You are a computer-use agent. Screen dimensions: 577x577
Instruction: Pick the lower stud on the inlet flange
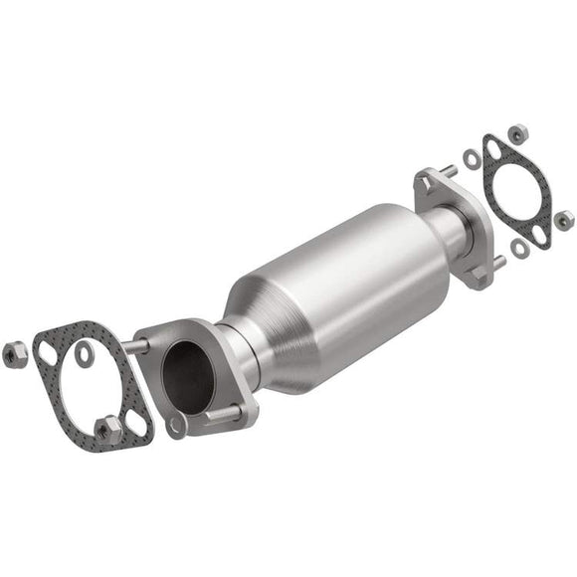(221, 411)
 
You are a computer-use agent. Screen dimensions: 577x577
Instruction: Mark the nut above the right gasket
(518, 131)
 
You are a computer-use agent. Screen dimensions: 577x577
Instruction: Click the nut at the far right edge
(564, 221)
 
